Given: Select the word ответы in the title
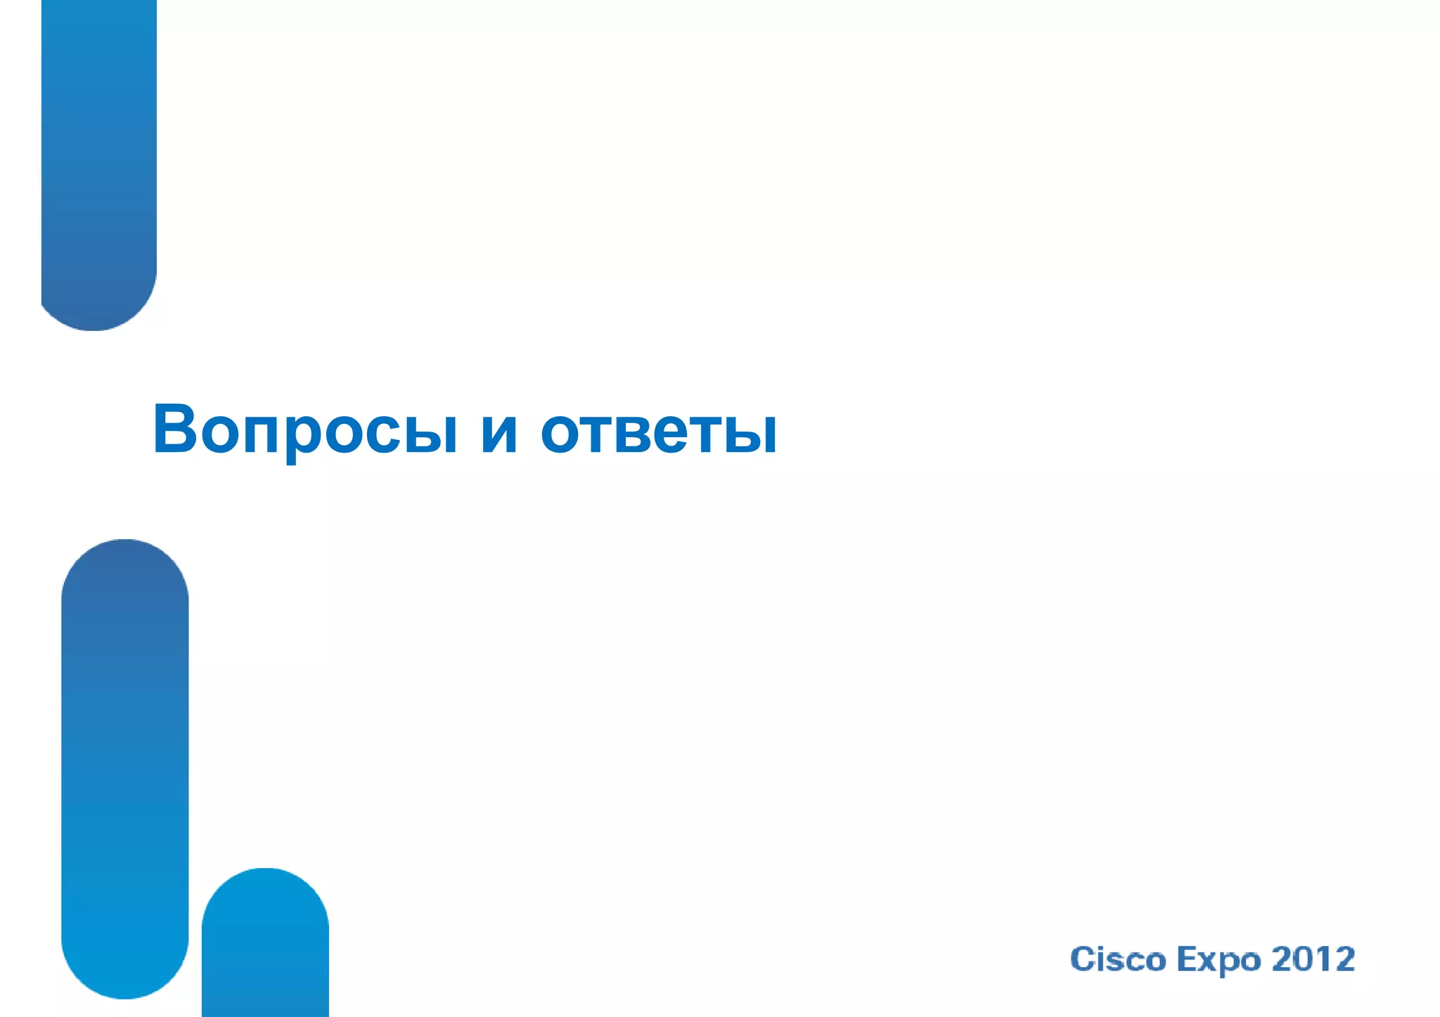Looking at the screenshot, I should [659, 430].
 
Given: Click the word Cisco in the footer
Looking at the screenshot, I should [1118, 959].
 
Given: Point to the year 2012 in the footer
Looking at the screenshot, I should [1313, 959].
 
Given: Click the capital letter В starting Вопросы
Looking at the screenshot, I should [174, 429].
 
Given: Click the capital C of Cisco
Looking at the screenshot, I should [1082, 959].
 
